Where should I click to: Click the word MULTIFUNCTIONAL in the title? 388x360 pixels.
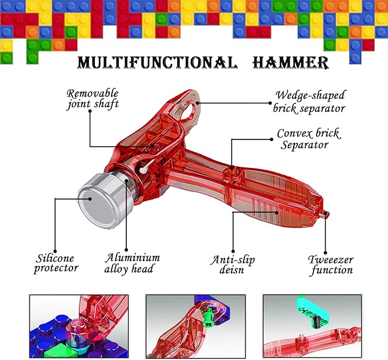(x=157, y=62)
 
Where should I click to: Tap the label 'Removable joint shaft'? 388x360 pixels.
(x=92, y=98)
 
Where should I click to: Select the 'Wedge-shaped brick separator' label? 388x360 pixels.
(x=309, y=102)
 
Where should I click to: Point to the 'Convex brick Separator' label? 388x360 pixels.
(x=309, y=139)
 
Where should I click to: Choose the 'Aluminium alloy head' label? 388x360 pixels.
(x=132, y=263)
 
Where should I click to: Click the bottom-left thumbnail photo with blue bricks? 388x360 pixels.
(x=79, y=326)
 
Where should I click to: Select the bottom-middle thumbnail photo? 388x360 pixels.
(x=195, y=326)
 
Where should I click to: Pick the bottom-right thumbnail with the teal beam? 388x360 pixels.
(x=312, y=326)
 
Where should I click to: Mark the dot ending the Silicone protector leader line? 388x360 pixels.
(x=55, y=199)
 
